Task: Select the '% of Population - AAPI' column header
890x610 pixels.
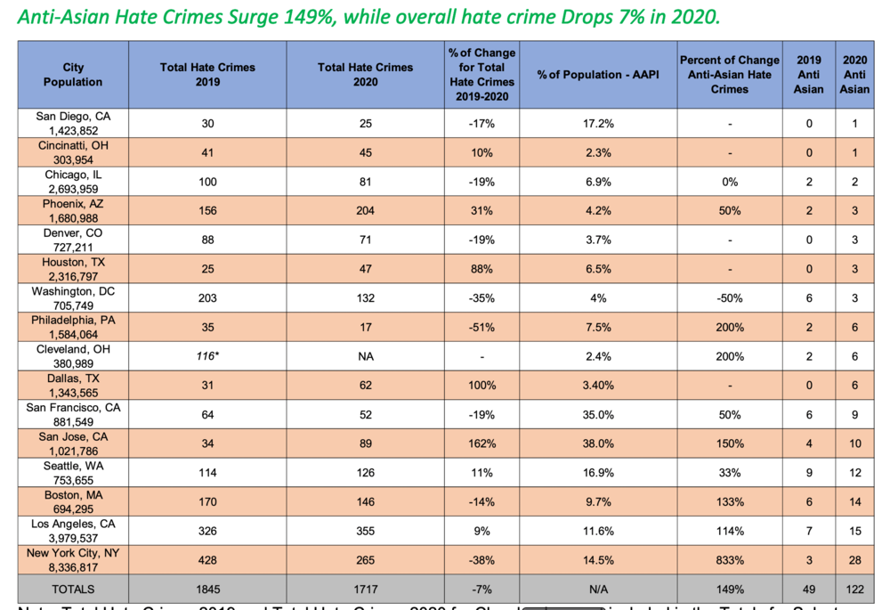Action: coord(597,75)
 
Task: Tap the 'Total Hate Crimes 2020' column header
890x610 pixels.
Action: coord(365,75)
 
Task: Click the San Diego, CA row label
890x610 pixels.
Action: coord(73,123)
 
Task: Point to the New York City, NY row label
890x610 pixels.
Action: coord(73,559)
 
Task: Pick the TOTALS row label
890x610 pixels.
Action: coord(73,589)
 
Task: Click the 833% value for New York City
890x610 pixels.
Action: coord(729,559)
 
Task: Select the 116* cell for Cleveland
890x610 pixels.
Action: coord(207,356)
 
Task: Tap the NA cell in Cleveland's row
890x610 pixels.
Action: coord(365,356)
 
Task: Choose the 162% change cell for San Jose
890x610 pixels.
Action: coord(481,443)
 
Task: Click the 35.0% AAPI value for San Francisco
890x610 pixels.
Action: coord(597,414)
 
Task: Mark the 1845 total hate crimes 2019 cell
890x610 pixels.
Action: coord(207,589)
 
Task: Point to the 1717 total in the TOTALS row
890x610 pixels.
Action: coord(365,589)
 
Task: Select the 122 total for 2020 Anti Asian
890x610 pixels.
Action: coord(854,589)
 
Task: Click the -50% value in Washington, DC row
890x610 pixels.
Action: coord(729,298)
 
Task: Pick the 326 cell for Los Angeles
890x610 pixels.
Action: coord(207,531)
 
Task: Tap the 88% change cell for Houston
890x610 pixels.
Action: coord(481,269)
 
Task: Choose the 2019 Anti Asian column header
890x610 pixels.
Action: coord(808,75)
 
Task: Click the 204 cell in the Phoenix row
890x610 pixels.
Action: coord(365,211)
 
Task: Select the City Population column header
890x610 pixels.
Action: coord(73,75)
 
